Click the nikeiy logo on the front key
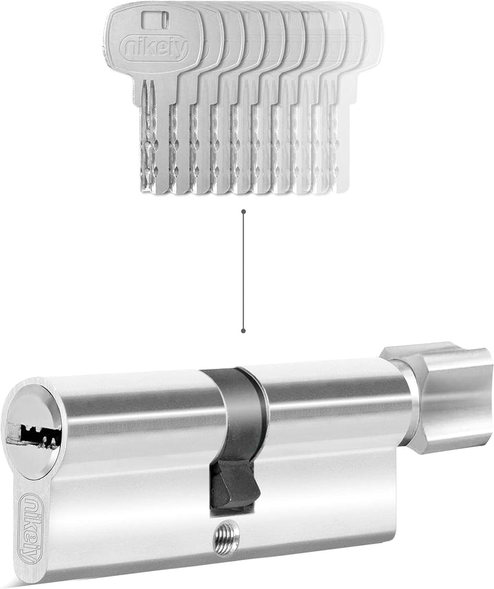(154, 49)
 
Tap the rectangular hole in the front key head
(155, 19)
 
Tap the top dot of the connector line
(244, 211)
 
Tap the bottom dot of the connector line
(244, 330)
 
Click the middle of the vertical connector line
(244, 272)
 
